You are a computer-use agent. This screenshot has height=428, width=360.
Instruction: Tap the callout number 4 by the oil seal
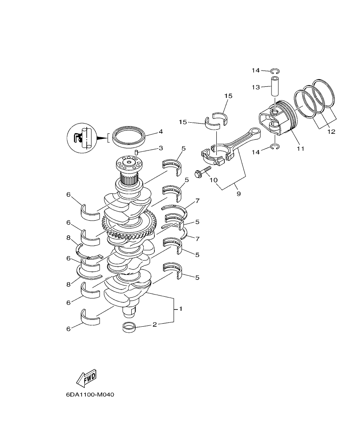[149, 132]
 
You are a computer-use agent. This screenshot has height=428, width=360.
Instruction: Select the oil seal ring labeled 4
[129, 136]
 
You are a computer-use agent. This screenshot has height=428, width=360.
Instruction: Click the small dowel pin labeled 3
[136, 152]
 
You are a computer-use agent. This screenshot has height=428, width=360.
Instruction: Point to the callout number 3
[149, 148]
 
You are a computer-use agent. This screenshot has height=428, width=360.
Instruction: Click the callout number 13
[256, 87]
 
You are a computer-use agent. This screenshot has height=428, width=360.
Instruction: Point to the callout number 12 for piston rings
[331, 132]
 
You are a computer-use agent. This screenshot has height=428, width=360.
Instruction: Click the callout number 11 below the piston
[301, 148]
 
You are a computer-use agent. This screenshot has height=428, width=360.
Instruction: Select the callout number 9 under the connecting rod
[238, 194]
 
